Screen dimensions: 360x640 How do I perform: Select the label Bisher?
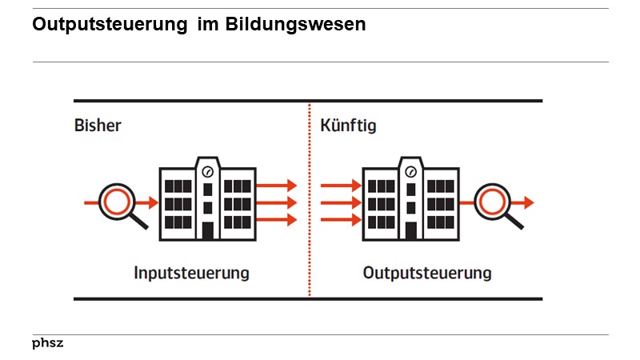click(98, 126)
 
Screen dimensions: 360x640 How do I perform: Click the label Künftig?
click(347, 126)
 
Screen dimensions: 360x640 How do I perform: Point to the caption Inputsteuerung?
click(191, 274)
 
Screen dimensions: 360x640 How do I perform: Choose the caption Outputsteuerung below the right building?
click(427, 274)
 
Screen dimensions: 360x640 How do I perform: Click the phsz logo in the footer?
click(48, 343)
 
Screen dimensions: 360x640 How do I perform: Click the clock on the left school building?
click(208, 170)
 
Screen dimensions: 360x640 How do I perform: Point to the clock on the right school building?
click(411, 170)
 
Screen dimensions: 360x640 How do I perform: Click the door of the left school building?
click(208, 230)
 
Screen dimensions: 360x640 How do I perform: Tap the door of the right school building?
click(411, 230)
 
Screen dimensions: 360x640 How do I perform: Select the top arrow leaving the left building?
click(277, 186)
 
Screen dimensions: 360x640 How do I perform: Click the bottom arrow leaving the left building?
click(277, 219)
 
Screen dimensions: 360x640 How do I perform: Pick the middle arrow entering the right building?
click(341, 202)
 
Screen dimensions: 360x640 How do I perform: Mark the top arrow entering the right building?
click(341, 186)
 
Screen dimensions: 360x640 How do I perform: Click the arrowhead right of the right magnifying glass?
click(529, 202)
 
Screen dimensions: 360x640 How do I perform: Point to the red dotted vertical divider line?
click(310, 200)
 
